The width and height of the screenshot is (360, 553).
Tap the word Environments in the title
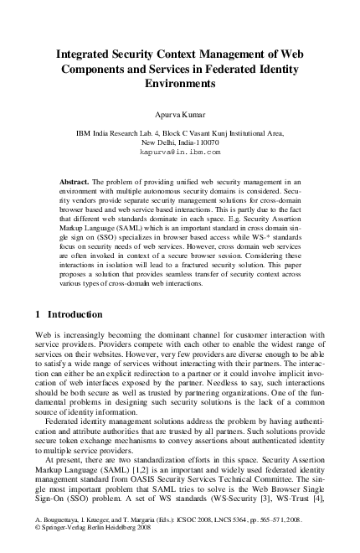(x=180, y=85)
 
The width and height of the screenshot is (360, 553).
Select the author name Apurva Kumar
(x=180, y=113)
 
